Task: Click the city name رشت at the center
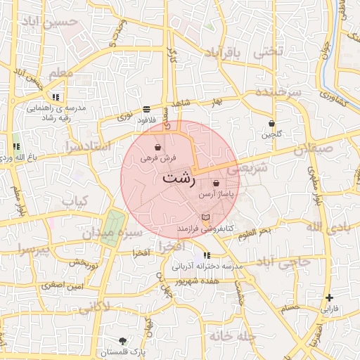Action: (x=179, y=178)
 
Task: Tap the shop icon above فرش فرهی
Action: (x=157, y=148)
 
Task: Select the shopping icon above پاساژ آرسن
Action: (x=215, y=183)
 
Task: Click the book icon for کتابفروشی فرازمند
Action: (x=205, y=218)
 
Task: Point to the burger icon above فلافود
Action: (x=146, y=109)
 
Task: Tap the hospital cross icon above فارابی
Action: (x=329, y=297)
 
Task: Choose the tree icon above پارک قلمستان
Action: (x=124, y=340)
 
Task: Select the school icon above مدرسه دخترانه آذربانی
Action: (x=206, y=255)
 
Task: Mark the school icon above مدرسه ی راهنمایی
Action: (x=56, y=97)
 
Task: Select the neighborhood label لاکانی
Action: (x=94, y=308)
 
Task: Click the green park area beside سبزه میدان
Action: (x=110, y=228)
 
